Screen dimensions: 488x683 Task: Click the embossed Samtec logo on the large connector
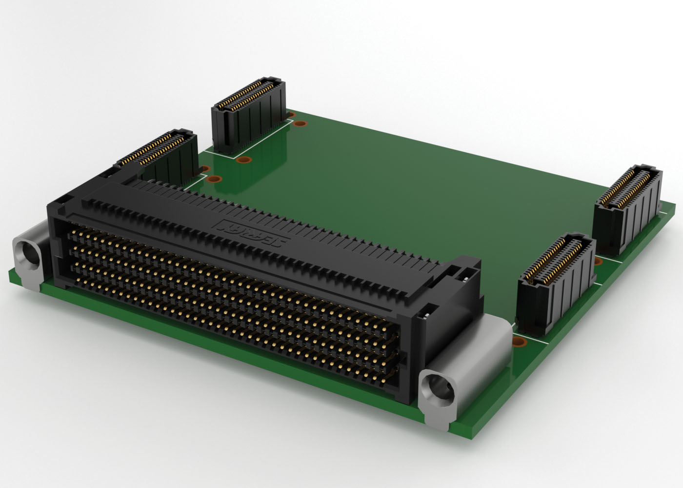[x=254, y=234]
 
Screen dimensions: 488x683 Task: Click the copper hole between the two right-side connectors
[x=599, y=262]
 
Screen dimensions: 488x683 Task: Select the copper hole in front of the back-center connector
[x=242, y=160]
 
